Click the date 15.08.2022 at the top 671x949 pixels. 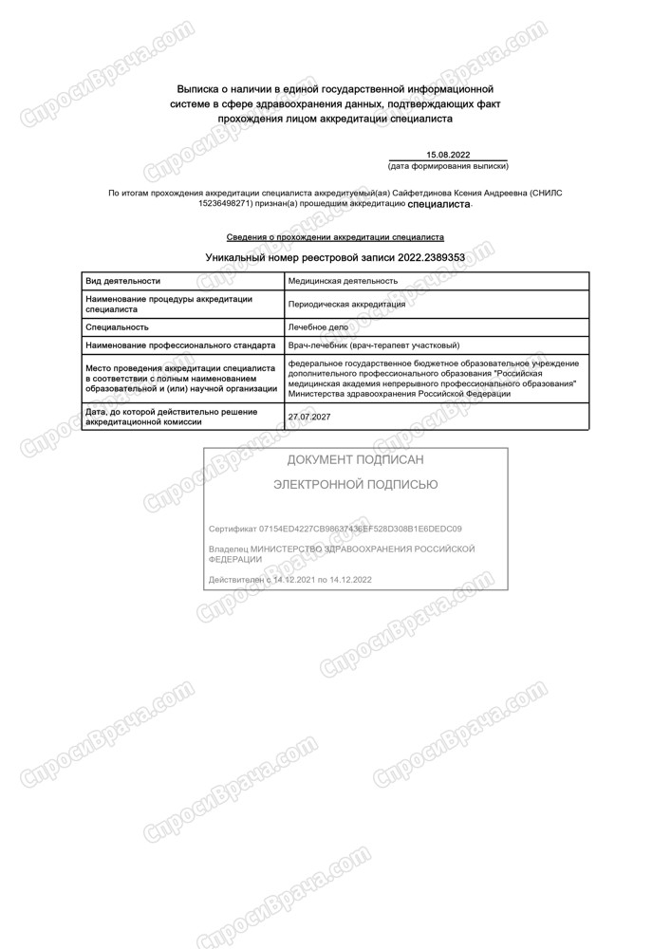pos(448,155)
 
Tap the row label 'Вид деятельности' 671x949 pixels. pos(122,281)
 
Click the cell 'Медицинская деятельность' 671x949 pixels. pos(343,281)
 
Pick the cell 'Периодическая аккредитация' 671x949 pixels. pos(346,305)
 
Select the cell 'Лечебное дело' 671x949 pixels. pos(318,326)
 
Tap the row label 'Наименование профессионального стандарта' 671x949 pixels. pos(180,345)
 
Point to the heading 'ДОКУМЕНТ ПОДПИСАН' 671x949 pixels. pos(355,460)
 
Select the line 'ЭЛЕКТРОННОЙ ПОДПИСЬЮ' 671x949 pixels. pos(355,485)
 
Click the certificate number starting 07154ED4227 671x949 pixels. pos(355,529)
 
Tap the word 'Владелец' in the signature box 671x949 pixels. pos(227,549)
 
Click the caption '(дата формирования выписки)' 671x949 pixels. pos(448,166)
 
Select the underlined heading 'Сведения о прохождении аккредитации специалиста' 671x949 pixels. pos(335,237)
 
